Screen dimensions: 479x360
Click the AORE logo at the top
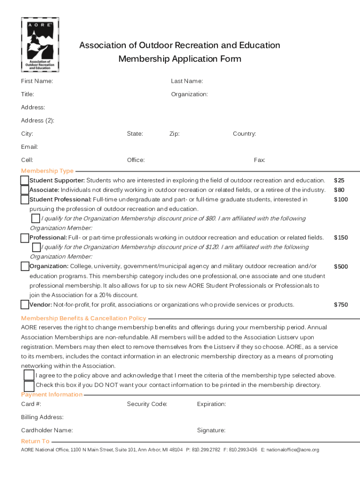[40, 45]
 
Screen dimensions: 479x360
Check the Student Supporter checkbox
[25, 181]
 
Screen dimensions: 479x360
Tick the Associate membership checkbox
[25, 190]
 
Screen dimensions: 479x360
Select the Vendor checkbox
[25, 305]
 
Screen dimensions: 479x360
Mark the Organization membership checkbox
[25, 267]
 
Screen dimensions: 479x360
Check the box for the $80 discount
[36, 218]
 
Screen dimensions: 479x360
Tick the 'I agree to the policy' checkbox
[29, 375]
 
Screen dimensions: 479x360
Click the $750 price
[340, 305]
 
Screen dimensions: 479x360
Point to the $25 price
[338, 181]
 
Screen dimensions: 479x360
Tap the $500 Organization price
[340, 267]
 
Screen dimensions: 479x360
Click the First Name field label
[37, 81]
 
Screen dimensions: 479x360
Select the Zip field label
[174, 134]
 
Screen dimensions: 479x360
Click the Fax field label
[259, 160]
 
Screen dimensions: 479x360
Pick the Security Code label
[147, 404]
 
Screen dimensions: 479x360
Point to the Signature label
[211, 430]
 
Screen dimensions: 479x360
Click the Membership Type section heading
[47, 171]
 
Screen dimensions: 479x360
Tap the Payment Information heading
[51, 395]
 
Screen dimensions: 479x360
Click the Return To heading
[35, 441]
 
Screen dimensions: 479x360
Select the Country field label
[244, 134]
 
